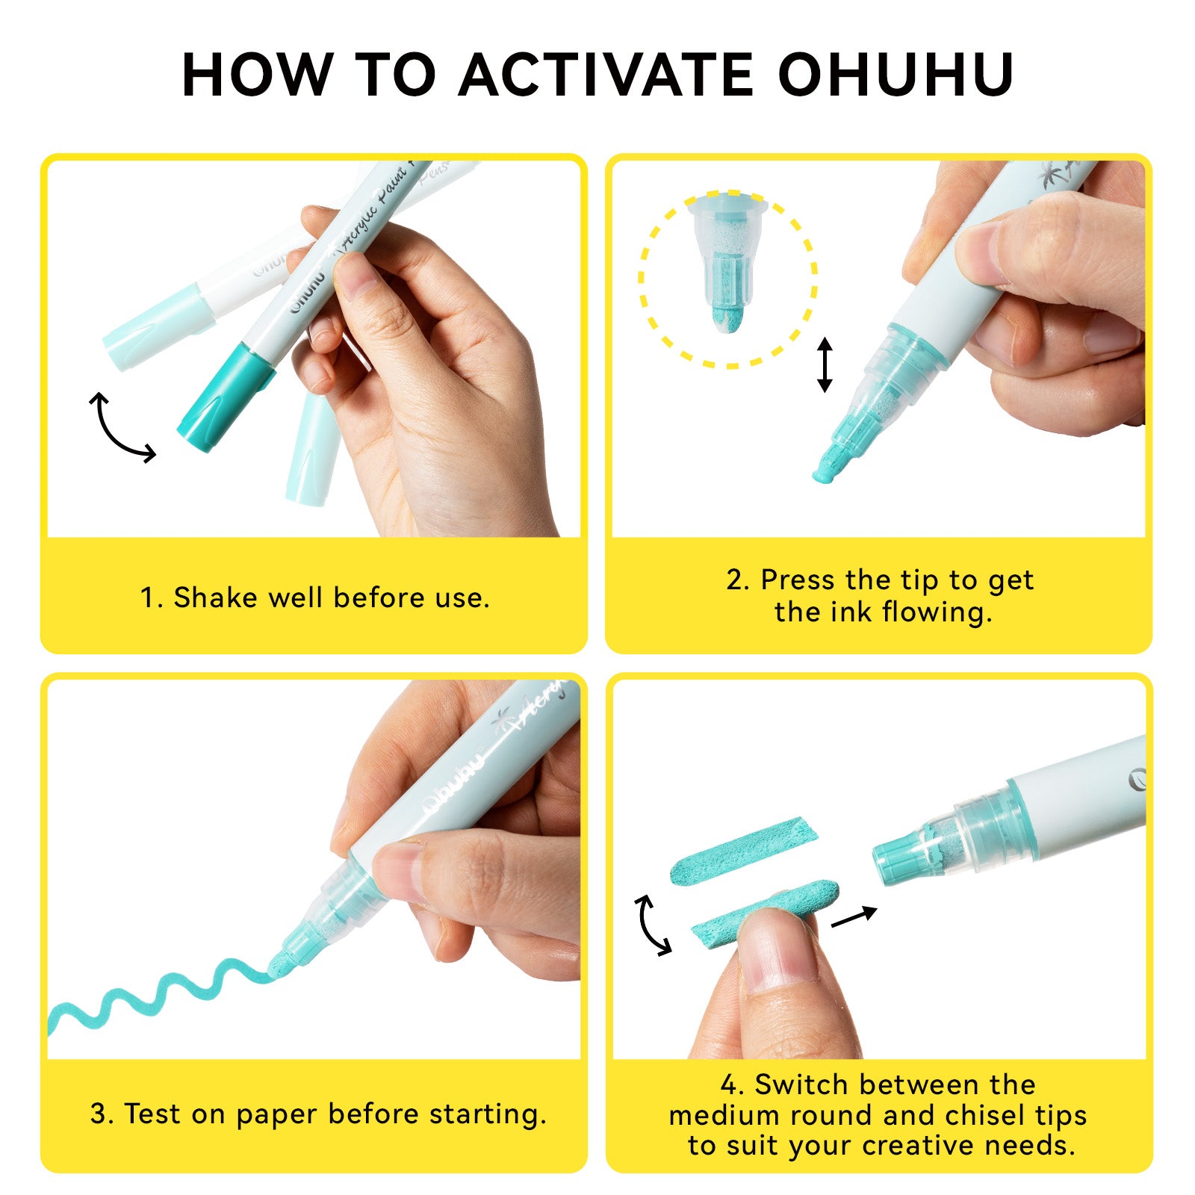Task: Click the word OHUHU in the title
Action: [896, 75]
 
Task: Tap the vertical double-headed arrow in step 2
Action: [825, 364]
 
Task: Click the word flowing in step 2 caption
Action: [937, 612]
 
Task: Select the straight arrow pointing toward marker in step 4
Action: [854, 916]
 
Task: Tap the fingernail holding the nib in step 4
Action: [776, 949]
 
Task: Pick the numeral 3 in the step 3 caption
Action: [99, 1114]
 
